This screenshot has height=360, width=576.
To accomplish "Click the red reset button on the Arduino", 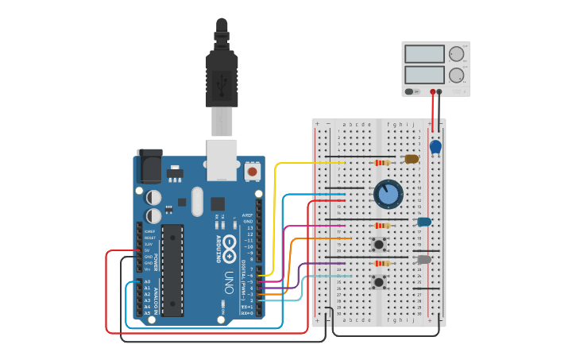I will pos(253,171).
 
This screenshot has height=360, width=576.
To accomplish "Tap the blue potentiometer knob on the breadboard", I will pos(388,194).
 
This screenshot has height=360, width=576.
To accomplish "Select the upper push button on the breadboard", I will pos(379,244).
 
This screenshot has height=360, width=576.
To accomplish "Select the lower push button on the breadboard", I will pos(379,281).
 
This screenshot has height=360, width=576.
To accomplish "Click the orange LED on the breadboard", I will pos(412,159).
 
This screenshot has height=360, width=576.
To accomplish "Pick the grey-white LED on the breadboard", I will pos(423,259).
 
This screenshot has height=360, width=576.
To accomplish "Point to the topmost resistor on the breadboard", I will pos(382,163).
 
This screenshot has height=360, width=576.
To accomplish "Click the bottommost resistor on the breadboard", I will pos(382,263).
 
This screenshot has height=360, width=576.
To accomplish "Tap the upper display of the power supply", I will pos(423,54).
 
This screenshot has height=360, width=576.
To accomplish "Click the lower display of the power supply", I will pos(423,75).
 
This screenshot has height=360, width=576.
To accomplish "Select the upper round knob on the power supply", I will pos(456,54).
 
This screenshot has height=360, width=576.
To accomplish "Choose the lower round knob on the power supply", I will pos(456,75).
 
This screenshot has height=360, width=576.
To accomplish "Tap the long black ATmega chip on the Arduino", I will pos(172,269).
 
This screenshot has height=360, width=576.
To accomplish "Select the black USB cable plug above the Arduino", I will pos(222,75).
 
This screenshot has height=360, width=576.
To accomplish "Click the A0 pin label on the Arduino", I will pos(147,281).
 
